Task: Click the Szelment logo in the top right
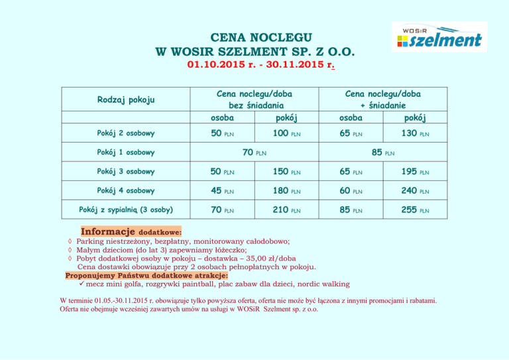pos(439,37)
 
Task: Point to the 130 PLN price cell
pos(412,134)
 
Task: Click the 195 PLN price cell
pos(412,172)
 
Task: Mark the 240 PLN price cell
pos(412,191)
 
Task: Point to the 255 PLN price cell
pos(412,210)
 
